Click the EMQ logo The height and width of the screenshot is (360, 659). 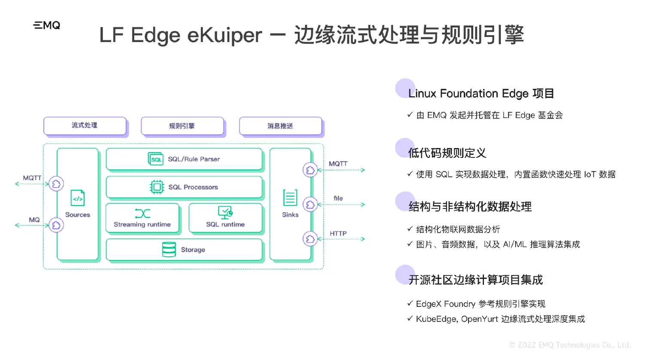[x=47, y=25]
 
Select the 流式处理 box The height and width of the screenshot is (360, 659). [x=85, y=126]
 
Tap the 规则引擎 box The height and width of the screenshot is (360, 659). [x=182, y=126]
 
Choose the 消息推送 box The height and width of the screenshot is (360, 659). [x=280, y=126]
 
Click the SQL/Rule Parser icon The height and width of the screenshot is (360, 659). [x=155, y=159]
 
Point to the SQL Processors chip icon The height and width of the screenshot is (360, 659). [x=157, y=187]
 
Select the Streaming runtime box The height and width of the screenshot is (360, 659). [x=142, y=218]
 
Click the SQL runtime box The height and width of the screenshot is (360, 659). [x=225, y=218]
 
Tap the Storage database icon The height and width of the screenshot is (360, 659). [x=169, y=249]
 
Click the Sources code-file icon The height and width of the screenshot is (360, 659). [x=78, y=198]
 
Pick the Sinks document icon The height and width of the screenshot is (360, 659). [x=290, y=198]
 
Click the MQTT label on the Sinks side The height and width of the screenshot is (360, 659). [x=338, y=164]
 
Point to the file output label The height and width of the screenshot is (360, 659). [x=338, y=198]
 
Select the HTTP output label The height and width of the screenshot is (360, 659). [x=338, y=233]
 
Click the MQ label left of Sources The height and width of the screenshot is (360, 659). [x=34, y=220]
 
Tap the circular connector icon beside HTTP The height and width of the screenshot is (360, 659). [x=310, y=239]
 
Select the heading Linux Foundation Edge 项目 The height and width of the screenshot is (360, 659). [x=481, y=94]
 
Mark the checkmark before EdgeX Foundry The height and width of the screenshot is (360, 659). [x=410, y=303]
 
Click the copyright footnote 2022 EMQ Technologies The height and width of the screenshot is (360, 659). [x=570, y=345]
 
